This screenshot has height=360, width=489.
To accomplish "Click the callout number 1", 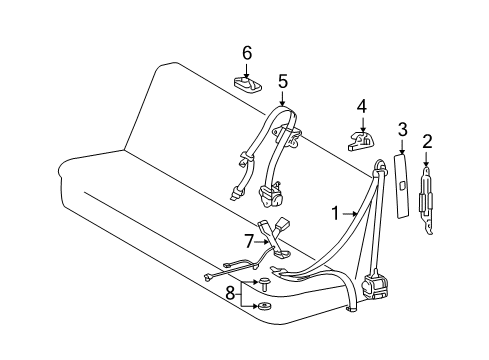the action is [335, 213].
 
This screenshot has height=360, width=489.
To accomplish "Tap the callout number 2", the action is [427, 141].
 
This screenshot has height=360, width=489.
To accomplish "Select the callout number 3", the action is [403, 129].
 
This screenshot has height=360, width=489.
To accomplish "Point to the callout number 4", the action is [362, 107].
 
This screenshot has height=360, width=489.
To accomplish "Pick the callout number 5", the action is [282, 82].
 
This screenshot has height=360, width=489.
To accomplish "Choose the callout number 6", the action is [247, 53].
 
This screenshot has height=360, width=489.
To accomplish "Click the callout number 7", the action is [249, 241].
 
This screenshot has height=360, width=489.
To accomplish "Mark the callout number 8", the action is [230, 294].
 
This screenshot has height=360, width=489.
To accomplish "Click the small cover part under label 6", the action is [247, 84].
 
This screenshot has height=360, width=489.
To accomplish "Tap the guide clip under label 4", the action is [361, 142].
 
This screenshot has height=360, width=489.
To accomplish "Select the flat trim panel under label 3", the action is [401, 185].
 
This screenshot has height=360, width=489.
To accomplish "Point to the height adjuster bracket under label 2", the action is [426, 201].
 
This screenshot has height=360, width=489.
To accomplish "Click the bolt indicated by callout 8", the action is [265, 283].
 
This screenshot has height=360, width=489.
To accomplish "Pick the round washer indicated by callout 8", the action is [265, 305].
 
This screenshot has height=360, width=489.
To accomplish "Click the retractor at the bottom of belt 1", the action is [375, 285].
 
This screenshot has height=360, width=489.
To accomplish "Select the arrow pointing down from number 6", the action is [246, 71].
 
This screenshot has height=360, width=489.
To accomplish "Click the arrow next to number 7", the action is [262, 242].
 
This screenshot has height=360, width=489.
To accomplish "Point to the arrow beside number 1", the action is [349, 214].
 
